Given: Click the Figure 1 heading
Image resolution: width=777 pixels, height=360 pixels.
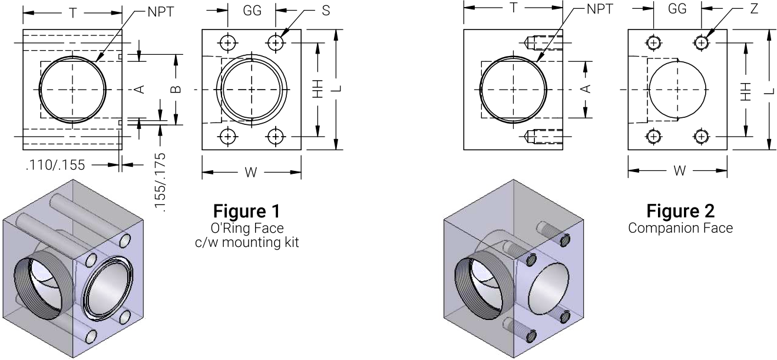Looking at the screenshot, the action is (x=246, y=211).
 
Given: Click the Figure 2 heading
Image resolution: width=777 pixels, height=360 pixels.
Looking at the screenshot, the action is (x=680, y=211).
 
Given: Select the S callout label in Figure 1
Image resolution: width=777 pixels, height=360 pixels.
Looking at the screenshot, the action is (x=326, y=11).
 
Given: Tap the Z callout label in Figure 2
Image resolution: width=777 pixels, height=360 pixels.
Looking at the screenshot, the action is (x=754, y=9).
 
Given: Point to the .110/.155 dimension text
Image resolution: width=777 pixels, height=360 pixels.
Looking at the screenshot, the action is (x=55, y=165).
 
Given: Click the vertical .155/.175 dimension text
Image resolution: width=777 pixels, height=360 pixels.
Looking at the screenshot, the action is (x=160, y=183).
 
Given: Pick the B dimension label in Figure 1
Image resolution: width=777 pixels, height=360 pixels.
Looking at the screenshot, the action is (x=176, y=90).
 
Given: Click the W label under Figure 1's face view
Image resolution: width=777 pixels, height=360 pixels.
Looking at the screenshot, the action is (x=251, y=172).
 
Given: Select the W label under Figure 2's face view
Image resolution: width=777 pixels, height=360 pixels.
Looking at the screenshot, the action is (x=680, y=170).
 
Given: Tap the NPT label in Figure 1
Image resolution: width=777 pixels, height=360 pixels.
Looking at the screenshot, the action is (x=161, y=12).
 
